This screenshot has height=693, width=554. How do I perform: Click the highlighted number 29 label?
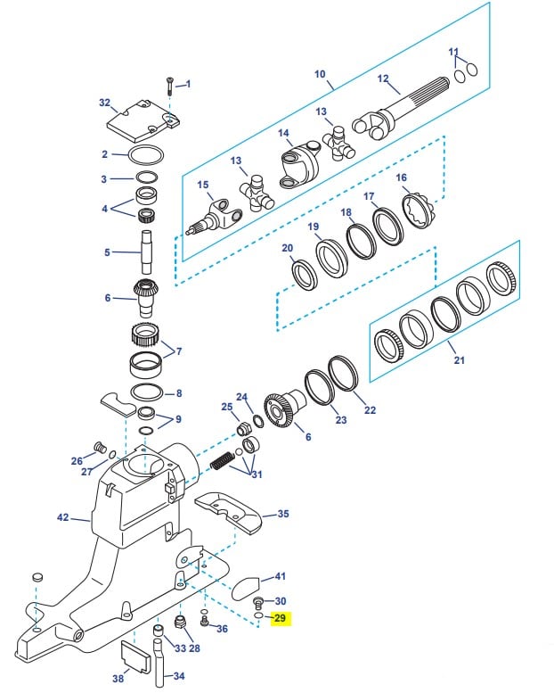click(x=280, y=617)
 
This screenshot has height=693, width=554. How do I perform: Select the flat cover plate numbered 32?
click(x=144, y=121)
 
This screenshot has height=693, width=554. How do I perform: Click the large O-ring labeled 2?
click(x=146, y=154)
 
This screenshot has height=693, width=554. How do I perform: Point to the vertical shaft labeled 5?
click(x=147, y=252)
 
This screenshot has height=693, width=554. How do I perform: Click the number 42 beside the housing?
click(x=63, y=516)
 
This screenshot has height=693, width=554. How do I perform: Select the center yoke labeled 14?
click(x=299, y=164)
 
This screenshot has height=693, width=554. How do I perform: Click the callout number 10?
click(x=320, y=74)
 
